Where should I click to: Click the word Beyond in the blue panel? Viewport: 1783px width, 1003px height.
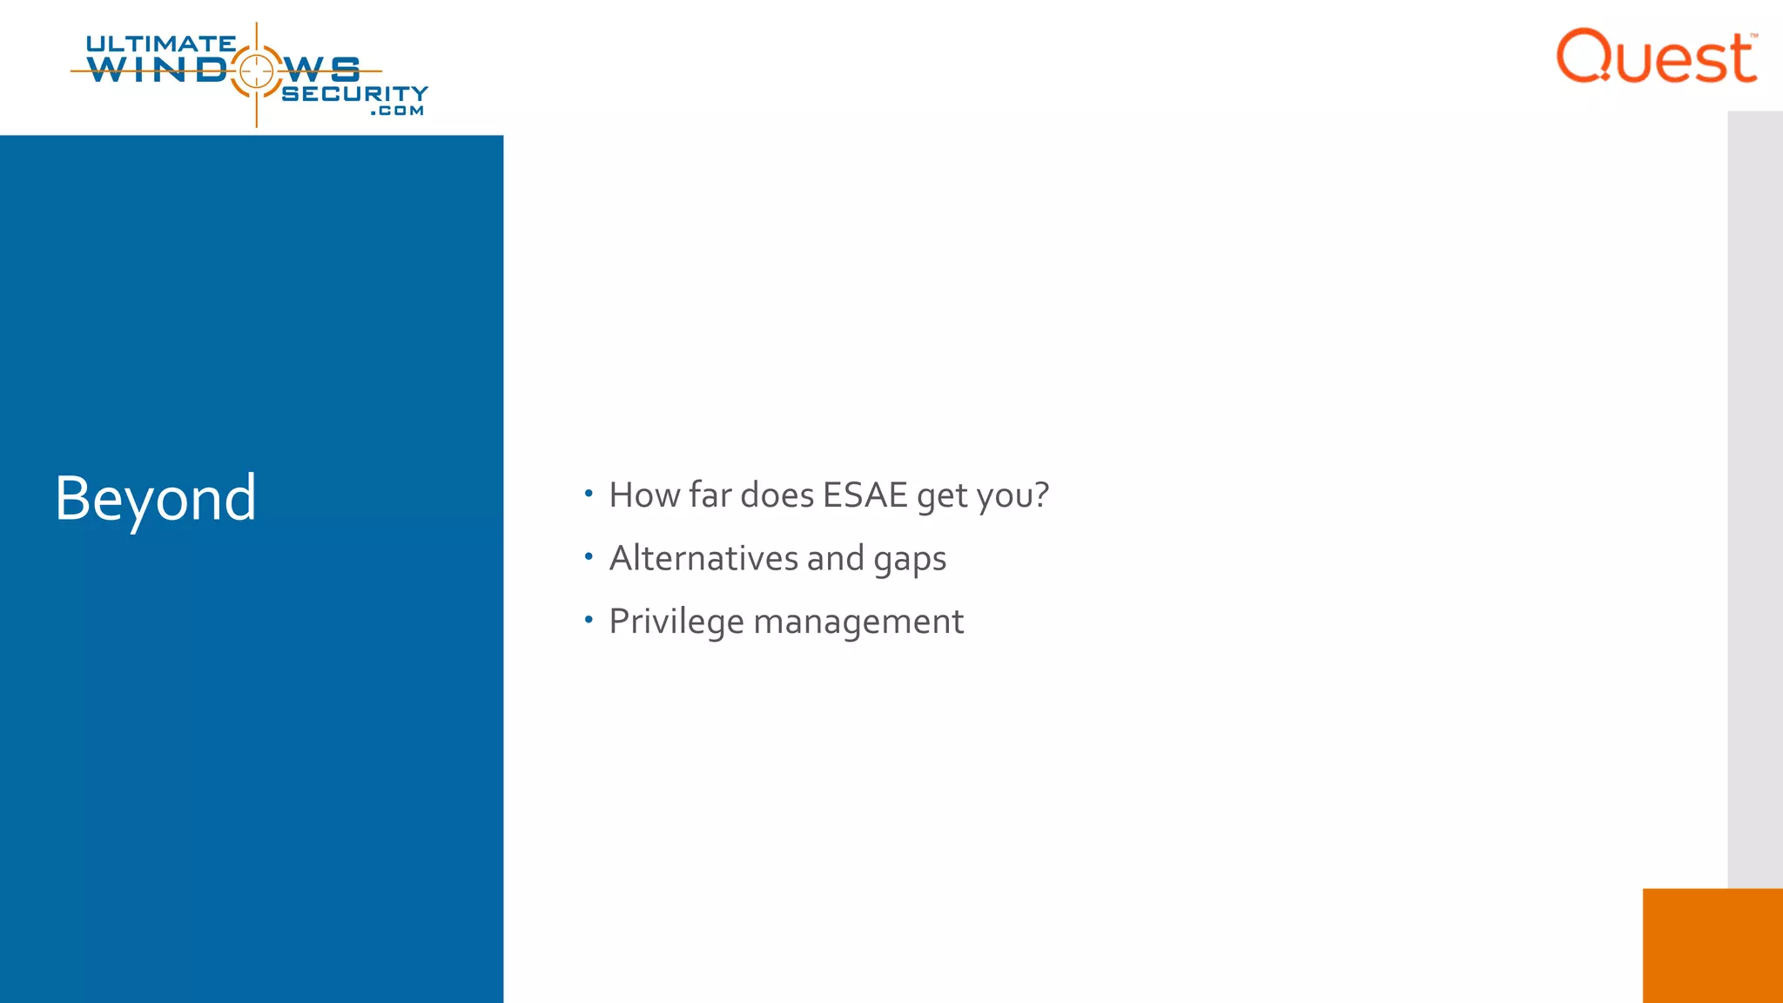point(155,498)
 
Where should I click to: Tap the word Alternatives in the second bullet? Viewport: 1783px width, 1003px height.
point(703,558)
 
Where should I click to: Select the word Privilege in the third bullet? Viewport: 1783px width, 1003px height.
point(676,622)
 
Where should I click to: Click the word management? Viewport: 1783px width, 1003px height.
point(858,622)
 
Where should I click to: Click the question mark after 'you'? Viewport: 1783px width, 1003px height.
point(1041,495)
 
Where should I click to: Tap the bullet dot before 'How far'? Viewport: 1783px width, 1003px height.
point(589,494)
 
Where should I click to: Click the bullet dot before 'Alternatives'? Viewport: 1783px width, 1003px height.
point(589,556)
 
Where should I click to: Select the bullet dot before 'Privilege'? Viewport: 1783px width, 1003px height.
point(589,620)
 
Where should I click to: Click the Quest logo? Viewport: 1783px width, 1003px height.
point(1656,57)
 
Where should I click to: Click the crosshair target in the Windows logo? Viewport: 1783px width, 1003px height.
point(256,71)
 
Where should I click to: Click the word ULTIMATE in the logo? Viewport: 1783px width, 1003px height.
point(160,44)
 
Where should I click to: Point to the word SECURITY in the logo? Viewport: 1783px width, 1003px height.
point(354,93)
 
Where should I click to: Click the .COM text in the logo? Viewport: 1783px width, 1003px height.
point(397,111)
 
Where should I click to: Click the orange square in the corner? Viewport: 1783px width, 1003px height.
point(1712,945)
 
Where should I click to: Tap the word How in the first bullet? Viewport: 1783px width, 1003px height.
point(644,495)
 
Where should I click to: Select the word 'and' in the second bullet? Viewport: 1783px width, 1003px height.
point(835,558)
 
